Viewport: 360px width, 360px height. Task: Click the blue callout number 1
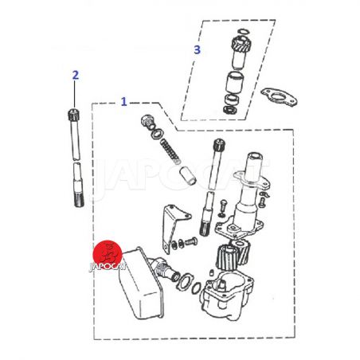coord(123,102)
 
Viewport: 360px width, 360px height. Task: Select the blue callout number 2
coord(76,75)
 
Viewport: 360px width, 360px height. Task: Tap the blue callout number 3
coord(197,49)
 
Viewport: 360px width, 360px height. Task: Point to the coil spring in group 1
coord(170,152)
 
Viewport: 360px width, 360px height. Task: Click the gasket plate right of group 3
coord(279,97)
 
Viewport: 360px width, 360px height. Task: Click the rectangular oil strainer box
coord(141,283)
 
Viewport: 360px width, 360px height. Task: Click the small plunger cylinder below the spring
coord(188,175)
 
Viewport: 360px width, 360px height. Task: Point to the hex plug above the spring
coord(147,121)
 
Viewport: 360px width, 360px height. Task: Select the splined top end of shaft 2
coord(74,114)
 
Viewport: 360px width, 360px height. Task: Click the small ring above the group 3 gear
coord(243,32)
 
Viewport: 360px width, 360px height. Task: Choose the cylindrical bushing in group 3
coord(235,82)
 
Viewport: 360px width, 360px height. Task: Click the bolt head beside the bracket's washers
coord(190,241)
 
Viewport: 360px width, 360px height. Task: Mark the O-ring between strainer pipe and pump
coord(196,288)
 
